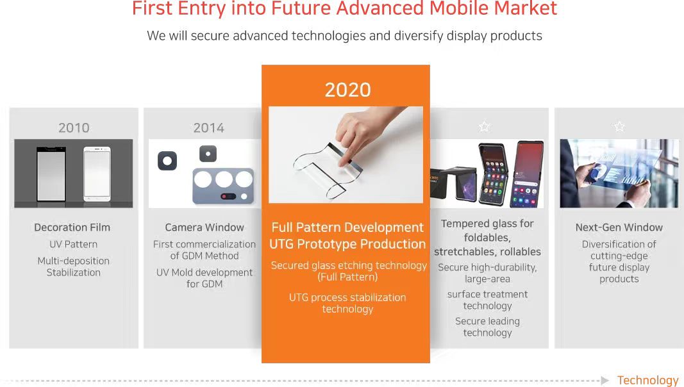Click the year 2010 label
(x=74, y=128)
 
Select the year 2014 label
(x=208, y=128)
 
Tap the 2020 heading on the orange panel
(x=347, y=90)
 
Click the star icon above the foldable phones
(x=484, y=126)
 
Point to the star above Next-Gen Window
(x=619, y=126)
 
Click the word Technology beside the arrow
(x=648, y=381)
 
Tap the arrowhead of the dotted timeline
(x=605, y=381)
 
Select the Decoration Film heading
(x=72, y=227)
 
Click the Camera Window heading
(x=204, y=227)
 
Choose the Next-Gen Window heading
(x=619, y=227)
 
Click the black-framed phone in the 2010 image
(x=51, y=174)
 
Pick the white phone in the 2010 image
(x=97, y=174)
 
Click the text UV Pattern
(x=73, y=244)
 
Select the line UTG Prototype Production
(x=347, y=244)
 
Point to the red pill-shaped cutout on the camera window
(x=229, y=196)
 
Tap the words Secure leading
(x=487, y=321)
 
